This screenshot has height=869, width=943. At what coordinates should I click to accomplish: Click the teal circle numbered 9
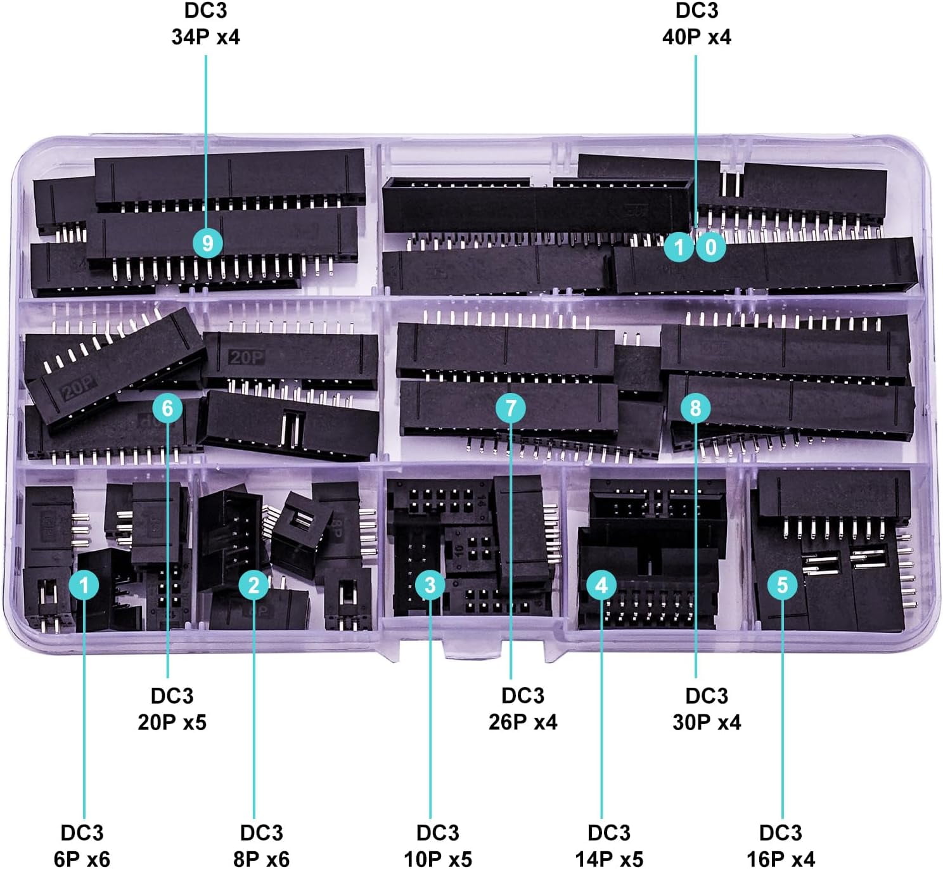pos(207,243)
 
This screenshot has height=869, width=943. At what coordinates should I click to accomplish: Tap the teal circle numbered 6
pos(167,408)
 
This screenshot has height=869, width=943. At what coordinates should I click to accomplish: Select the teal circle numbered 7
pos(511,408)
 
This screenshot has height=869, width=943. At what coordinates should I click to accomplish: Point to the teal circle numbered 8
pos(695,408)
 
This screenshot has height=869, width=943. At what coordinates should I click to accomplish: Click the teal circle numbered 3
pos(430,584)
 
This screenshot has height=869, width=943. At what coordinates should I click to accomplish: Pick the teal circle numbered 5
pos(782,584)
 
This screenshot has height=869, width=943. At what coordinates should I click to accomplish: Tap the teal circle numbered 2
pos(253,584)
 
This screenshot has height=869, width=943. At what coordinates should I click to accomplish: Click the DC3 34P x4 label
pos(206,24)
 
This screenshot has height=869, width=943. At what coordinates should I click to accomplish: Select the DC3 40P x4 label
pos(696,24)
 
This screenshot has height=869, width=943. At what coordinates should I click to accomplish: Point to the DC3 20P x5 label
pos(172,709)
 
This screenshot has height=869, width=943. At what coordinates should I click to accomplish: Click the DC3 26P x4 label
pos(523,709)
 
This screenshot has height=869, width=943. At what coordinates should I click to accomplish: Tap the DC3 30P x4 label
pos(707,709)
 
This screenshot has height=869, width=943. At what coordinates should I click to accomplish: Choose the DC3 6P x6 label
pos(82,846)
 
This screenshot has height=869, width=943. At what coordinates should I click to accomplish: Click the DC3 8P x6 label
pos(261,846)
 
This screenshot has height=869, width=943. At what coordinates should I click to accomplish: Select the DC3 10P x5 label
pos(438,846)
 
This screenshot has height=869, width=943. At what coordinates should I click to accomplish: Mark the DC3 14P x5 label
pos(609,846)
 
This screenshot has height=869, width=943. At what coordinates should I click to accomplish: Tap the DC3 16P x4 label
pos(780,846)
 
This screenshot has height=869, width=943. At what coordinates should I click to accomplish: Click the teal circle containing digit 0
pos(710,247)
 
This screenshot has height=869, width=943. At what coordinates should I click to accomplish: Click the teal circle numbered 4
pos(601,584)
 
